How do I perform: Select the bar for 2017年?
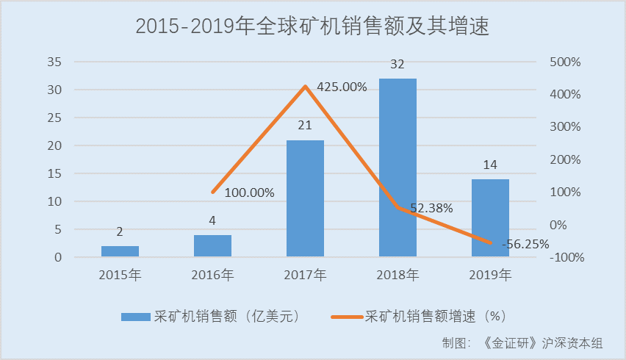305,198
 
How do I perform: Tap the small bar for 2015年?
120,251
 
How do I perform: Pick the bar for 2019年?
490,218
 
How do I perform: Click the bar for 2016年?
212,246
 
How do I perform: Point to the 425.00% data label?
342,87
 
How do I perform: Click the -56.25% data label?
525,244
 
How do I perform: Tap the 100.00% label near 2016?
249,193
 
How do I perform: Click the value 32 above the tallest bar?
397,65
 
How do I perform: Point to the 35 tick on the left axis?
54,62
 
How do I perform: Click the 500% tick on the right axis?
565,62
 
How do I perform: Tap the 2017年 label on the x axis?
305,276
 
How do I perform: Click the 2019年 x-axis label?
490,276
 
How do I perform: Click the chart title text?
312,26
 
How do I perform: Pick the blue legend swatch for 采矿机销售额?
136,316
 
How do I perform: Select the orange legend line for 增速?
345,316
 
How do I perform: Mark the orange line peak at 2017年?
305,87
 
